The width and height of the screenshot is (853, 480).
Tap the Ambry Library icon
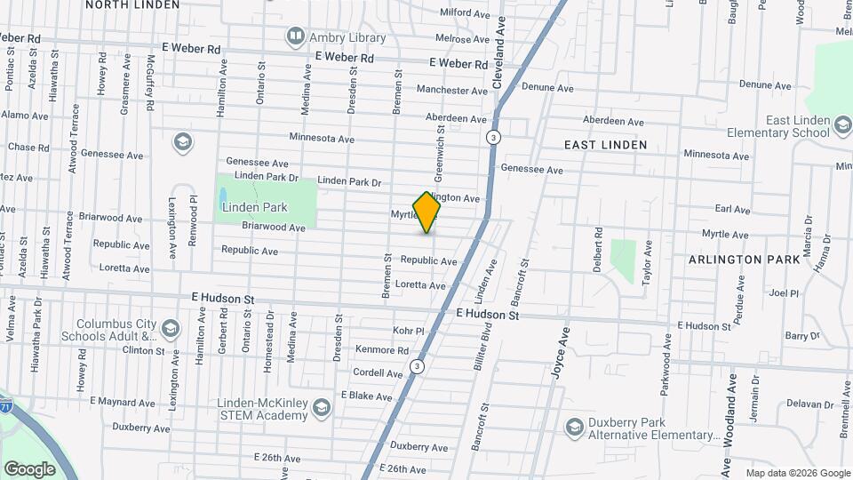294,37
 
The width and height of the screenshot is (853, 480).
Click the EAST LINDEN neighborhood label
605,144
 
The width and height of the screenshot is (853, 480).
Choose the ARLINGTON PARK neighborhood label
738,260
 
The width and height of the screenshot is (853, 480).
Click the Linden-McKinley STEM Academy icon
322,408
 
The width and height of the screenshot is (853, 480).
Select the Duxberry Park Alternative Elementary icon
574,428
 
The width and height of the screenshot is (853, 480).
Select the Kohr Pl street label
409,331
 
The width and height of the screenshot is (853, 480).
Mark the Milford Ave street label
465,13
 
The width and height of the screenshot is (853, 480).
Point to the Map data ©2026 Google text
797,473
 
